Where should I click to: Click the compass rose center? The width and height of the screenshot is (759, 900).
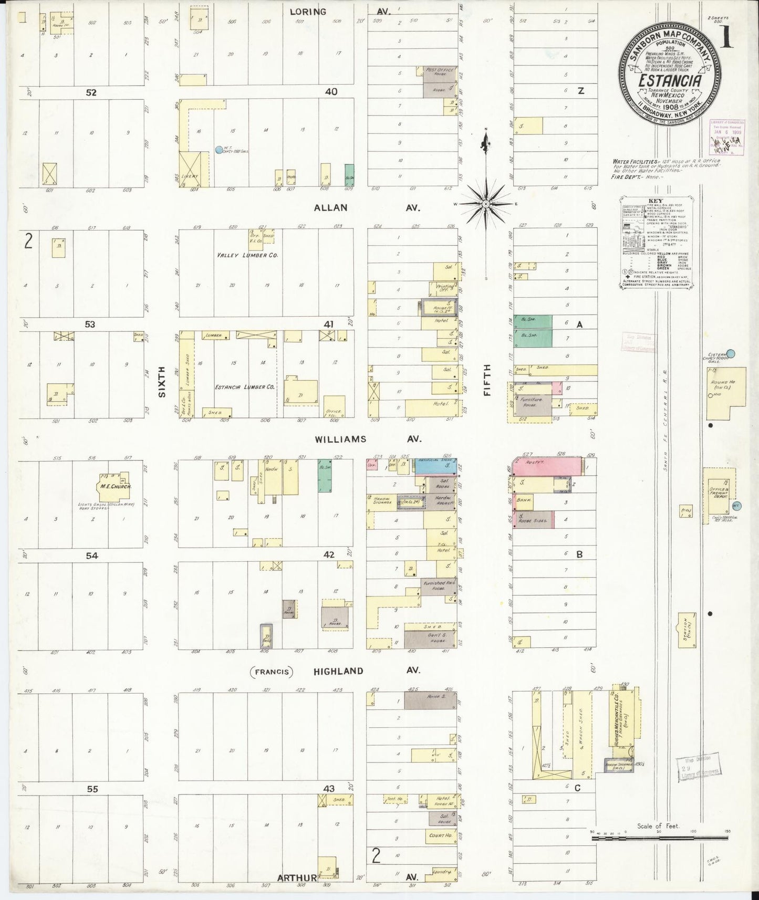[486, 204]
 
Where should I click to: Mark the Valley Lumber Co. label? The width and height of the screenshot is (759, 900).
[247, 255]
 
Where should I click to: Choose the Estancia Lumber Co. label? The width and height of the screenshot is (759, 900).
[245, 387]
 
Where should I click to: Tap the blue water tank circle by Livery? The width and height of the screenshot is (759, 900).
[219, 150]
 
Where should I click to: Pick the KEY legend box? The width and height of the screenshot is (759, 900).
[655, 243]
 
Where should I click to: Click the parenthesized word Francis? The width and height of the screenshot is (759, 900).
[272, 671]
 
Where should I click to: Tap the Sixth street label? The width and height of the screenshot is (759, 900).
[162, 382]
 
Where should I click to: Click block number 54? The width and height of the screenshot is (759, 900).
[91, 555]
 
